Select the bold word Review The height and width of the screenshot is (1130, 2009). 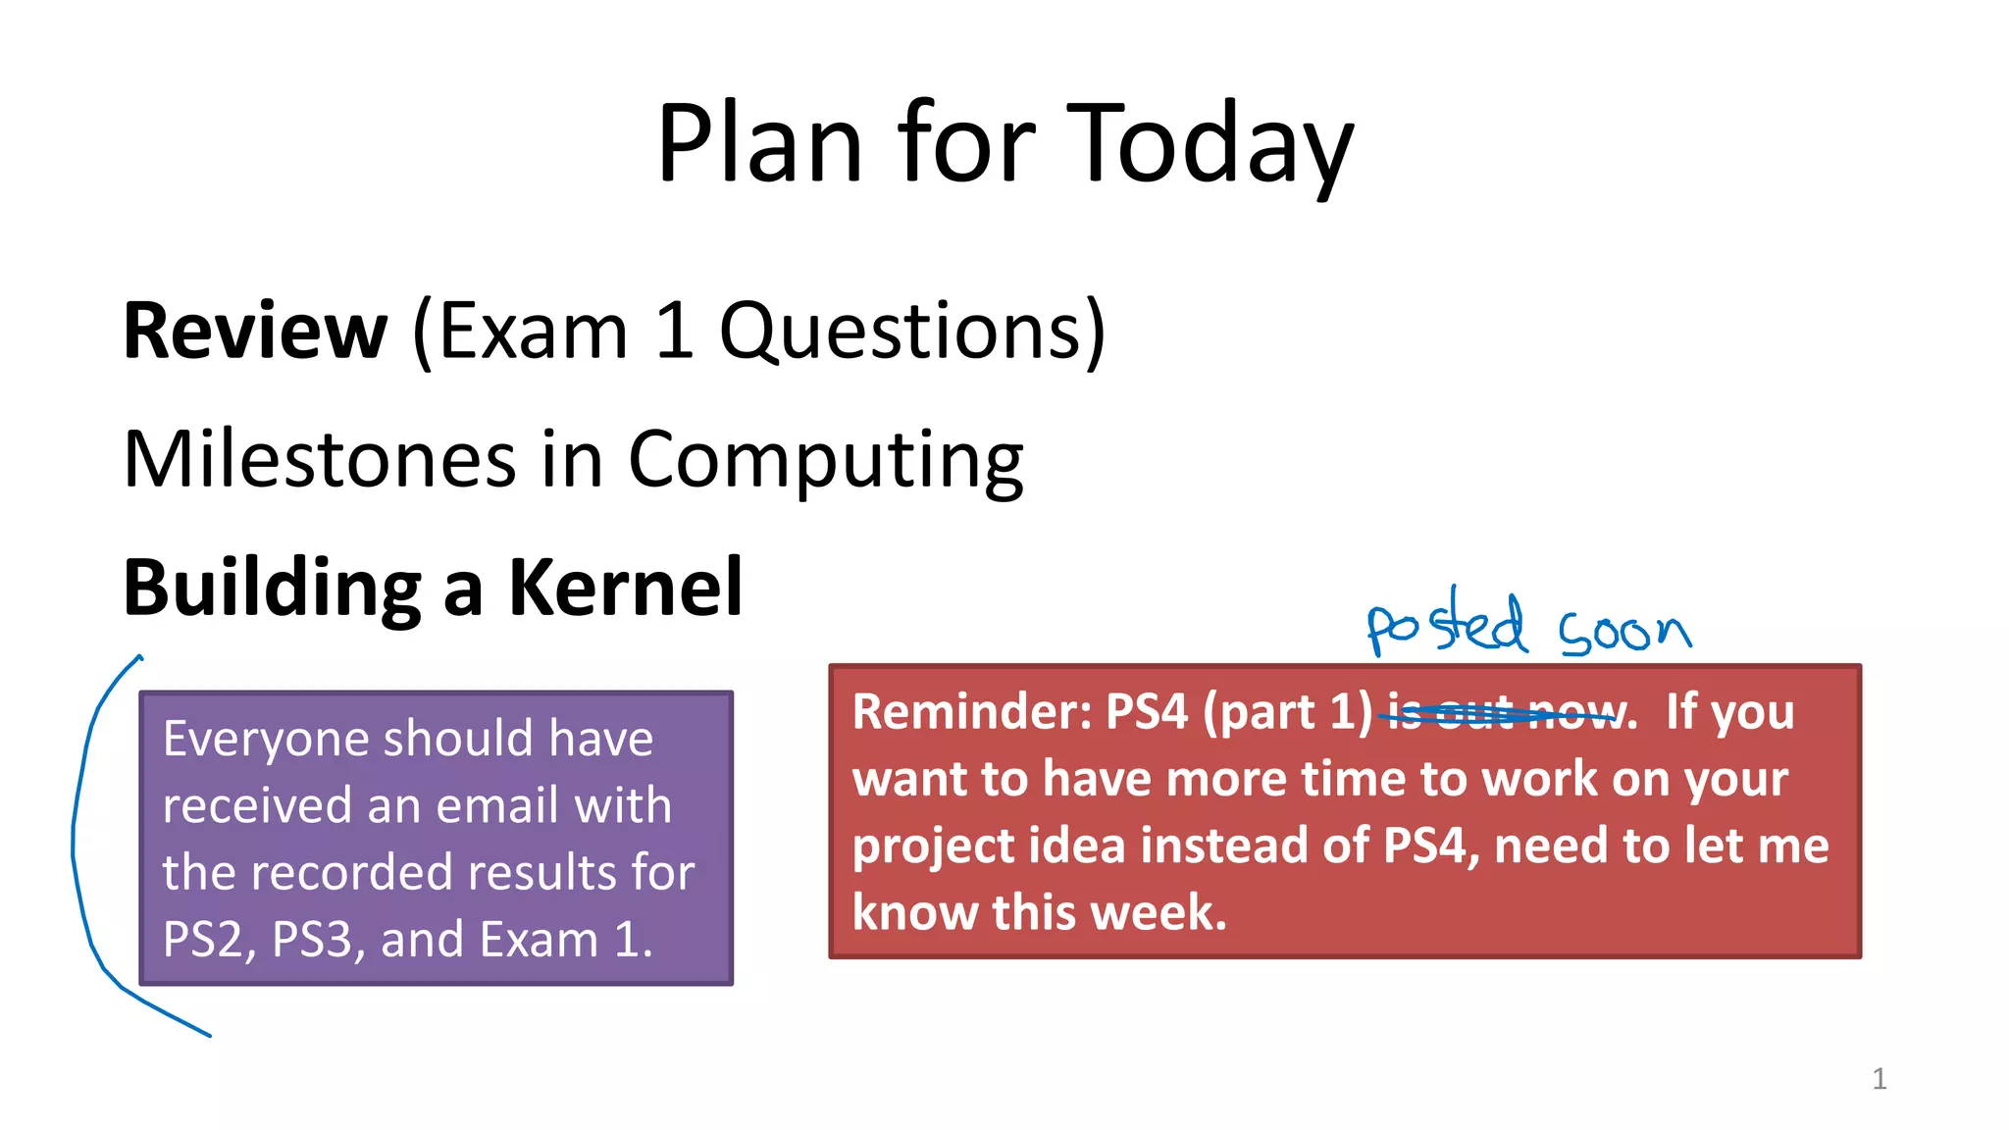pyautogui.click(x=255, y=332)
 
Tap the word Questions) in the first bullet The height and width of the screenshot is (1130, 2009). pyautogui.click(x=912, y=332)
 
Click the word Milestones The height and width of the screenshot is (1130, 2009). pyautogui.click(x=319, y=459)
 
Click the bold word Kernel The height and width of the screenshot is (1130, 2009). pyautogui.click(x=625, y=588)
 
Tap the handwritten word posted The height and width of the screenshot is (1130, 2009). pyautogui.click(x=1447, y=624)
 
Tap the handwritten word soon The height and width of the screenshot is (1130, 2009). pyautogui.click(x=1625, y=632)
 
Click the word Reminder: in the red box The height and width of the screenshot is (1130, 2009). pyautogui.click(x=971, y=712)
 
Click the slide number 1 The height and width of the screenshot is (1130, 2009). pyautogui.click(x=1879, y=1079)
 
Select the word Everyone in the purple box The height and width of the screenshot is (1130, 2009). pyautogui.click(x=264, y=739)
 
